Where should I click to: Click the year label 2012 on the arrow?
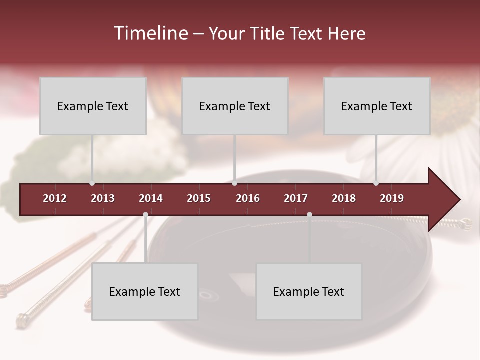click(x=55, y=198)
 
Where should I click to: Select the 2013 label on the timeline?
click(x=103, y=198)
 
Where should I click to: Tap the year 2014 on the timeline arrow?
click(x=151, y=198)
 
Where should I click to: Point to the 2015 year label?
click(x=199, y=198)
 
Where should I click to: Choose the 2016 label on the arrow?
click(x=248, y=198)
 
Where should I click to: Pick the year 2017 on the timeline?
click(x=296, y=198)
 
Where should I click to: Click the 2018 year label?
click(x=344, y=198)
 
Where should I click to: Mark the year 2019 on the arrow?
click(x=392, y=198)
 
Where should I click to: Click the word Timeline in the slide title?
click(x=150, y=33)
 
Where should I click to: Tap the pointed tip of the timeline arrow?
click(x=458, y=200)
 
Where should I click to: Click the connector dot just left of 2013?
click(x=92, y=183)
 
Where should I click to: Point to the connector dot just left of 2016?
click(x=234, y=183)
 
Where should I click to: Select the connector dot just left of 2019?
click(x=376, y=183)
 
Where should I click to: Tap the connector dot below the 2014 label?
click(x=145, y=215)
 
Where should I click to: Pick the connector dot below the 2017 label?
click(x=309, y=215)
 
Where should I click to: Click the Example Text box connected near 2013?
click(x=93, y=106)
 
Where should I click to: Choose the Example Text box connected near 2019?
click(x=377, y=106)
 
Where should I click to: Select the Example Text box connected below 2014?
click(x=145, y=291)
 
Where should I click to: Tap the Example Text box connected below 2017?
click(x=309, y=291)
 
